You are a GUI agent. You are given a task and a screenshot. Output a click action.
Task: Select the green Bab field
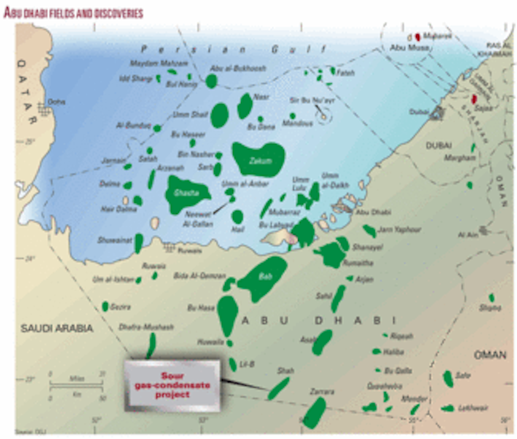(x=263, y=277)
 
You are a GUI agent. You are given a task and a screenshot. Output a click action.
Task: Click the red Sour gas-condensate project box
(x=172, y=385)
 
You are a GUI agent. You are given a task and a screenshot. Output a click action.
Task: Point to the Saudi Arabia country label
(x=57, y=329)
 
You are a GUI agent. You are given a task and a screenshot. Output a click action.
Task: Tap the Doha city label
(x=56, y=102)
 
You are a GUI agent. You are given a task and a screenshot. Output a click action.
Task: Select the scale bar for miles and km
(x=76, y=386)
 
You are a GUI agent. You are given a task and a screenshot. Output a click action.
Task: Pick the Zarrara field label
(x=322, y=392)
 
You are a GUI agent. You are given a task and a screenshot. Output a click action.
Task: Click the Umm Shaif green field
(x=220, y=115)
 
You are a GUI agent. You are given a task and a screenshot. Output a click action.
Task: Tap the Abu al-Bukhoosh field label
(x=238, y=68)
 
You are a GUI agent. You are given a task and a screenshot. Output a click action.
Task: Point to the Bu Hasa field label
(x=201, y=308)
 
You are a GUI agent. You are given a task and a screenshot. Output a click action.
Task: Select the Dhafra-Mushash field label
(x=146, y=327)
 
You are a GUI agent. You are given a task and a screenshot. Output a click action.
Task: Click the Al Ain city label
(x=467, y=235)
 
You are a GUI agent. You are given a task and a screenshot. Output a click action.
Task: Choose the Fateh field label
(x=346, y=73)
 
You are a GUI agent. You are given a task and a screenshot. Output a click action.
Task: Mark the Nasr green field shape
(x=245, y=105)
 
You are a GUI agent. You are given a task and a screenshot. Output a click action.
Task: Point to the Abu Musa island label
(x=403, y=48)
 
